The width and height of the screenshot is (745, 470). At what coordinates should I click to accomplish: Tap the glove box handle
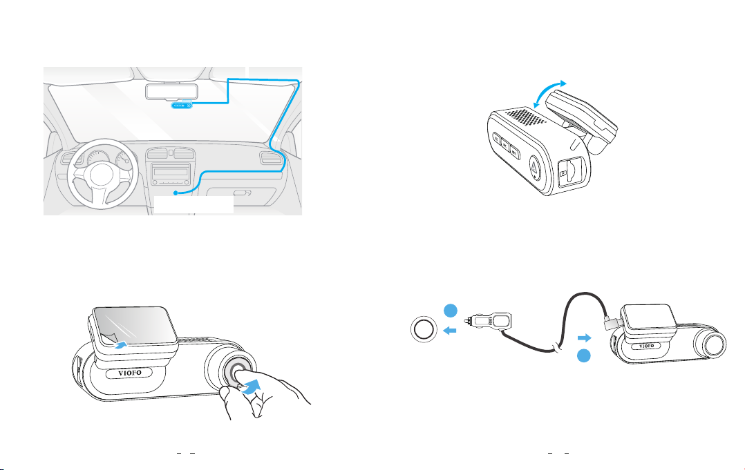[241, 193]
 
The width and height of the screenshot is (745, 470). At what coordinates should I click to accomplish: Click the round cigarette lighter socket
[423, 330]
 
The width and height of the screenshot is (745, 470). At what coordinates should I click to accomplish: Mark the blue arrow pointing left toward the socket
[449, 330]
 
